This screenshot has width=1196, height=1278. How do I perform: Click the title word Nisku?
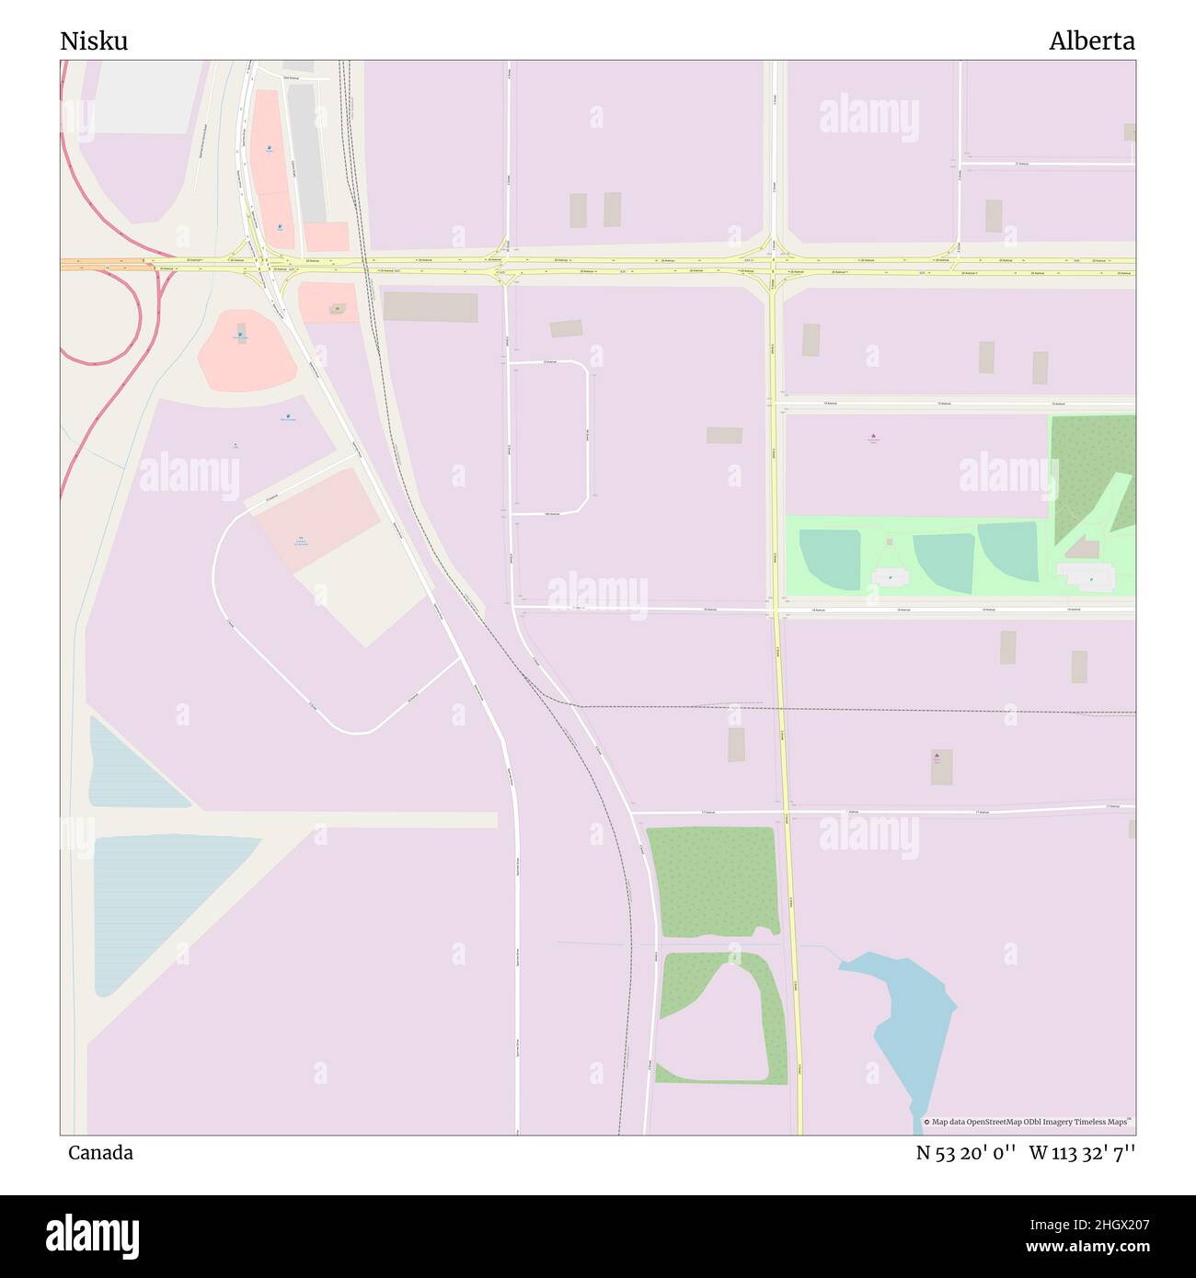[94, 41]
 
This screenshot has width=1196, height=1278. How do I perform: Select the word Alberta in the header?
[1091, 41]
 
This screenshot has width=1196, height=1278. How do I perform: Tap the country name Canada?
[100, 1153]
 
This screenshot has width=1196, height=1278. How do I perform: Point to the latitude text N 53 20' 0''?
[965, 1153]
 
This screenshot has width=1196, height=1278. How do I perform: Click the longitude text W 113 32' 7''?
[1082, 1153]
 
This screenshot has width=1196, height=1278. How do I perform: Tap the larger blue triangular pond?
[156, 896]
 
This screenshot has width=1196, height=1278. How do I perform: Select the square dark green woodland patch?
[711, 880]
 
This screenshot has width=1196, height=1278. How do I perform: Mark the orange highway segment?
[101, 264]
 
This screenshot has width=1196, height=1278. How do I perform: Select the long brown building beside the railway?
[430, 307]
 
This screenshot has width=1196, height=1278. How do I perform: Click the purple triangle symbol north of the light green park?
[872, 437]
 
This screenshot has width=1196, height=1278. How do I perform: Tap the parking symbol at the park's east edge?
[1092, 579]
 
